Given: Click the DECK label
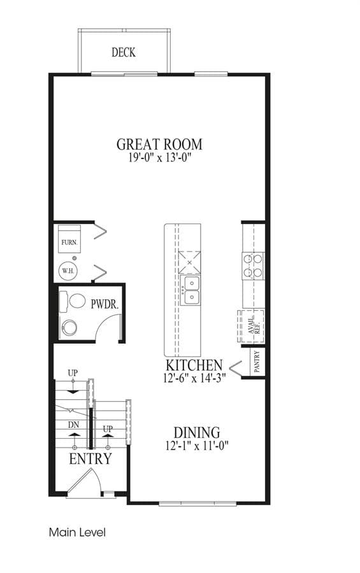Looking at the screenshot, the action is [x=124, y=52].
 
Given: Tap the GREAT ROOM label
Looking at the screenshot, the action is [x=159, y=145].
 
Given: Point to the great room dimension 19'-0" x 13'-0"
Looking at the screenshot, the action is [x=160, y=158].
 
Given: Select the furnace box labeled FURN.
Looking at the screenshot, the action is [x=69, y=239].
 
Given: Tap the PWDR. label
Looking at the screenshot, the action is [x=104, y=304].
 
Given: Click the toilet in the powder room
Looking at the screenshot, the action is [x=73, y=302].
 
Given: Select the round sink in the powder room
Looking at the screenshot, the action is [x=69, y=328].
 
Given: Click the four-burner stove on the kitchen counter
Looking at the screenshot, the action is [x=253, y=265].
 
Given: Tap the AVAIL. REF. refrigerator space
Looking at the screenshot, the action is [x=251, y=327].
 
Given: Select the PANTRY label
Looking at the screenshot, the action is [x=257, y=362].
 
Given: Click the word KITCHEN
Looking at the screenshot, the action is [x=194, y=365].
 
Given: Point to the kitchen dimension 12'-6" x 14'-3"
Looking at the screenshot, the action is [x=194, y=378].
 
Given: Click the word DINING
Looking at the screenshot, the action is [x=196, y=433].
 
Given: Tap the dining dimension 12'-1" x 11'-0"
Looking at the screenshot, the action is [x=197, y=446].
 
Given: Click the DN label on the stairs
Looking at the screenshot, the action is [x=73, y=425].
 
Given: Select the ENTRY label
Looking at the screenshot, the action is [x=90, y=459].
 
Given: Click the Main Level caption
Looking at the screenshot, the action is [x=77, y=532].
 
